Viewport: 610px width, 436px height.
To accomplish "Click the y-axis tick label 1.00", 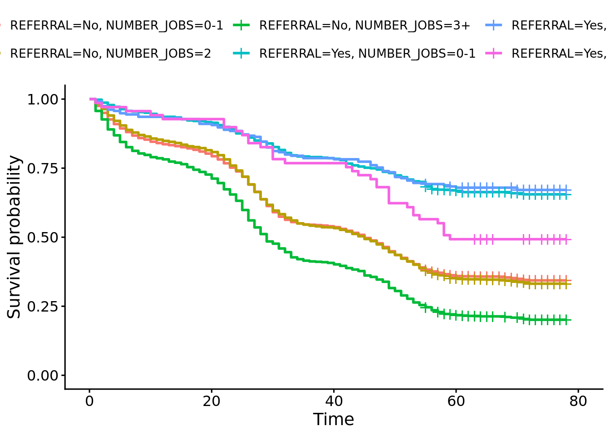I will [x=43, y=99].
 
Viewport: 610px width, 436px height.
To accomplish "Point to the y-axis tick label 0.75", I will [x=43, y=168].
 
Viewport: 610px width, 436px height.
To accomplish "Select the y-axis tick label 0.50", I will [x=43, y=238].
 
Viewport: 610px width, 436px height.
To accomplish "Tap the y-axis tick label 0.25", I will [x=43, y=307].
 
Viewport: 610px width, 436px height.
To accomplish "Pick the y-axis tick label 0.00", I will [x=43, y=376].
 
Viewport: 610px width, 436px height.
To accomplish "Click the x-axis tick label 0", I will [x=89, y=401].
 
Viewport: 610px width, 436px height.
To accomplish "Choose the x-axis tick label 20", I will [x=212, y=401].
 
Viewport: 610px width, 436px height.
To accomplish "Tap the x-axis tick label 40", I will [x=334, y=401].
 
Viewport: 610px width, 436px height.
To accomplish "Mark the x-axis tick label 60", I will [x=456, y=401].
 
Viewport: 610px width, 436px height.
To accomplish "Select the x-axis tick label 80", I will [x=578, y=401].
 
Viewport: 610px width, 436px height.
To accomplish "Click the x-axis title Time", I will [x=334, y=420].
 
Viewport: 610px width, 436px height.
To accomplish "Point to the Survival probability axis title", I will [x=14, y=237].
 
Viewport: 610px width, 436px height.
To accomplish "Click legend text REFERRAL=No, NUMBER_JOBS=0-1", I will [x=117, y=26].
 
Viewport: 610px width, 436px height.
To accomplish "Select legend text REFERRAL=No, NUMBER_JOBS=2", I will [x=110, y=54].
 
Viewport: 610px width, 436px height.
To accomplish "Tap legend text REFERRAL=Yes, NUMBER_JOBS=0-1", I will [x=367, y=54].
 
